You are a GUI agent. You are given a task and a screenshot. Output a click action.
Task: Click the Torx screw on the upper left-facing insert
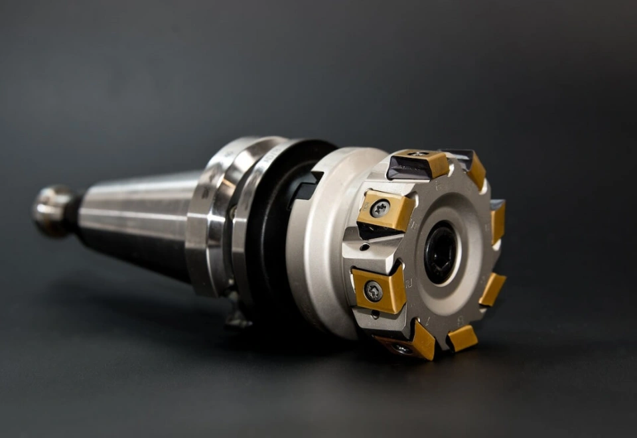(379, 208)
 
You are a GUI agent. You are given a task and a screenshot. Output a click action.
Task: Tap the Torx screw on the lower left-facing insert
(374, 290)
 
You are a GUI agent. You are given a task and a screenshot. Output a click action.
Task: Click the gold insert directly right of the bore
(498, 222)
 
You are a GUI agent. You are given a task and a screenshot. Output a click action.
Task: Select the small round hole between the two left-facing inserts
(364, 247)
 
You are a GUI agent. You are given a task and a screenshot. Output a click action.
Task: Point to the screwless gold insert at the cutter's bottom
(462, 337)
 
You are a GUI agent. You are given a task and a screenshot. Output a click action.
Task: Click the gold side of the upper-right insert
(476, 171)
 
